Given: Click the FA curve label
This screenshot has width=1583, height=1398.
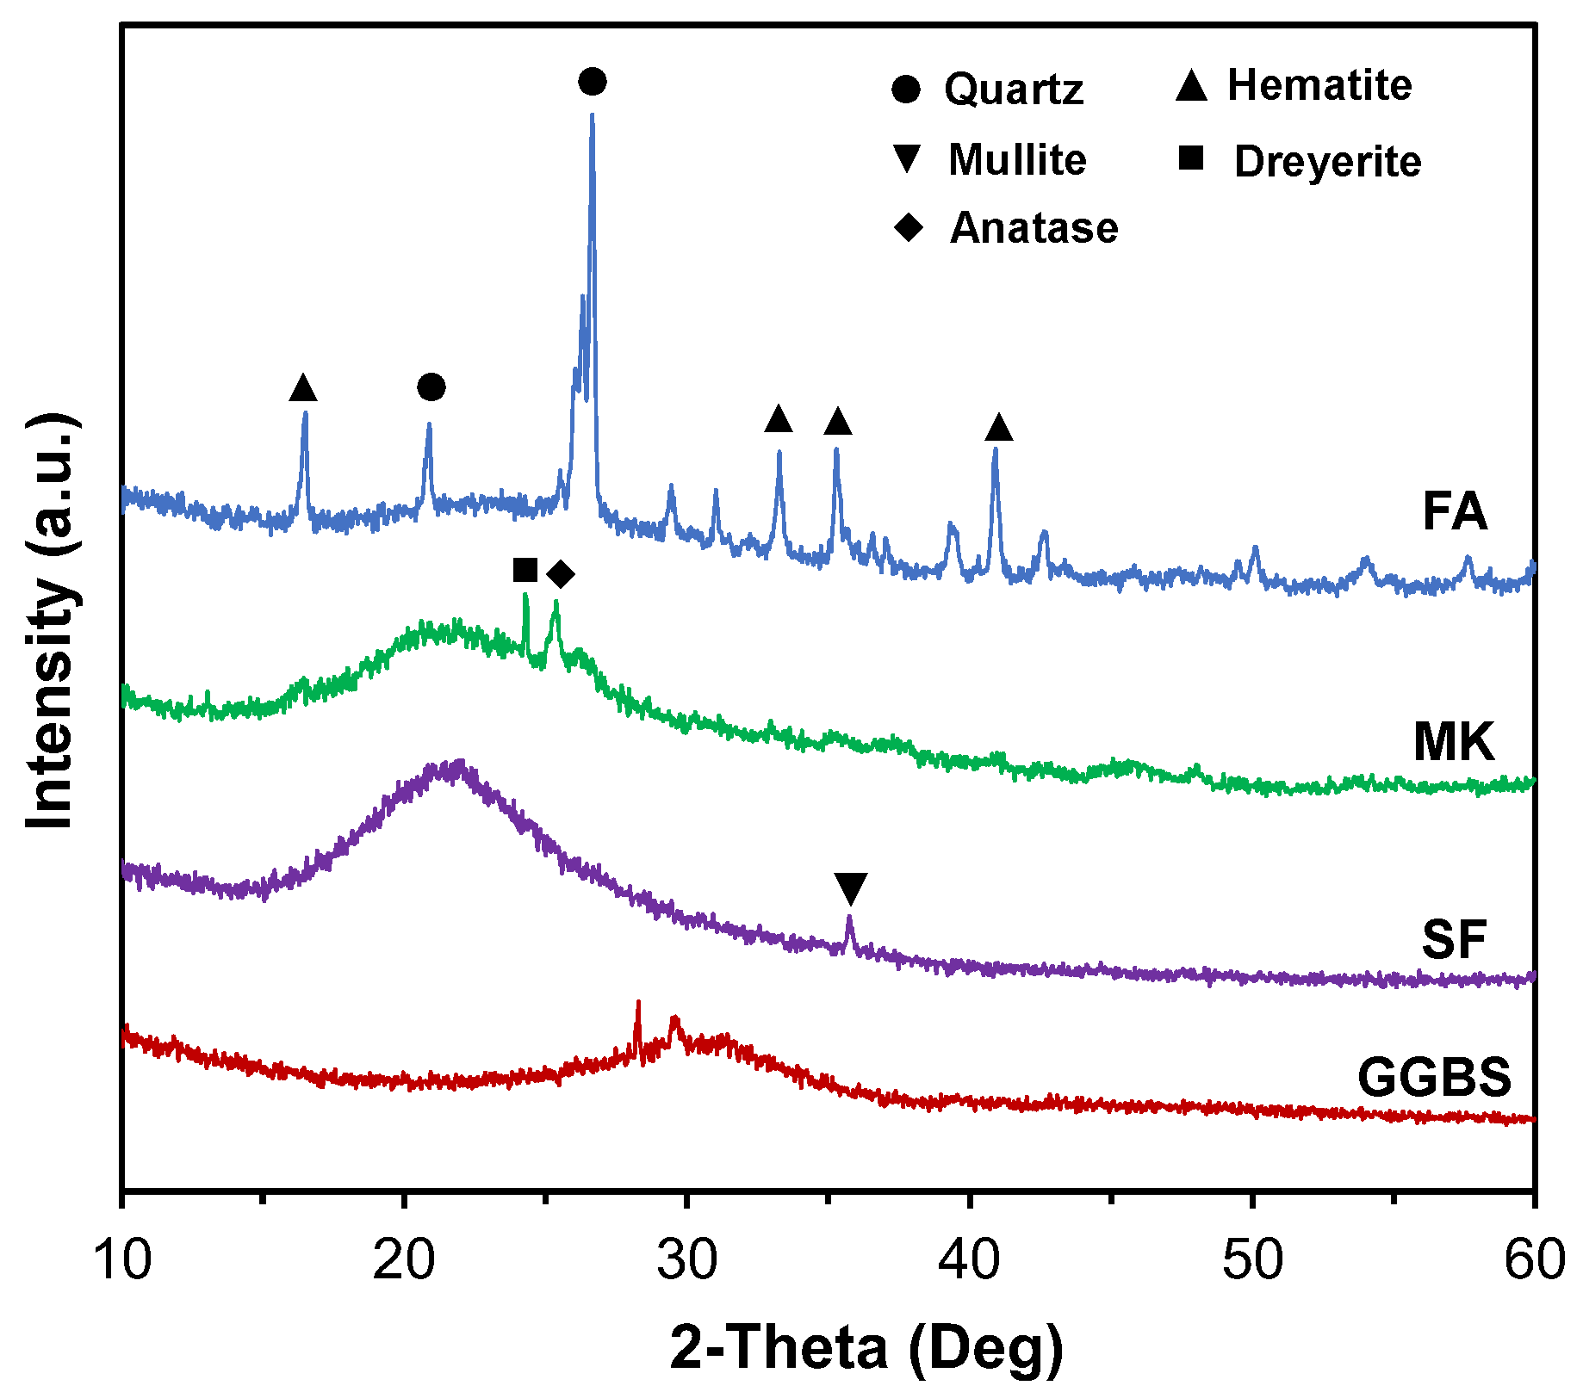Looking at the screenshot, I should [x=1454, y=511].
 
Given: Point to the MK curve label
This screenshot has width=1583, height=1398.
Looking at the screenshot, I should [x=1454, y=741].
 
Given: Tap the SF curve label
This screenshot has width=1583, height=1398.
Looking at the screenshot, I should [x=1454, y=939].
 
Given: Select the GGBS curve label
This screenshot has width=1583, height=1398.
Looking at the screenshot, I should [x=1434, y=1077].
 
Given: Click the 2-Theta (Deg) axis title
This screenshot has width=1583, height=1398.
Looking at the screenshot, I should [x=866, y=1347].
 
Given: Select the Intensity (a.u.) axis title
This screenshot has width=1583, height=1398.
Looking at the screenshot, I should [x=50, y=622].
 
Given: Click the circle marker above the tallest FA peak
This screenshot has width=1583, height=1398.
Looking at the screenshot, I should [x=593, y=82].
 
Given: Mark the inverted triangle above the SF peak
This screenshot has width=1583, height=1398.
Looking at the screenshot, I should [x=851, y=888].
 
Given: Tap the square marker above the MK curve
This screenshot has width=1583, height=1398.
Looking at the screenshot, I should [x=525, y=570].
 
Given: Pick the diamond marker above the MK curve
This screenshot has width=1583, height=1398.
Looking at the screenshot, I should [x=561, y=574].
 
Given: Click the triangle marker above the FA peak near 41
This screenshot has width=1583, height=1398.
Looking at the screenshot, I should [x=999, y=427].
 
